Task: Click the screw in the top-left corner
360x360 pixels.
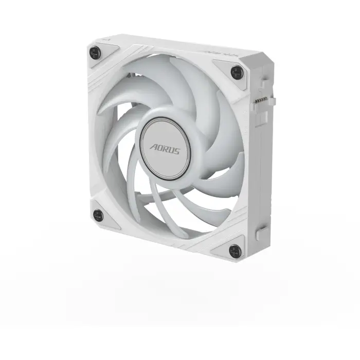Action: pyautogui.click(x=94, y=51)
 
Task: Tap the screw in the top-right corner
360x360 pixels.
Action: pyautogui.click(x=236, y=71)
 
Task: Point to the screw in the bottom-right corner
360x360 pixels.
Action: pyautogui.click(x=235, y=251)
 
